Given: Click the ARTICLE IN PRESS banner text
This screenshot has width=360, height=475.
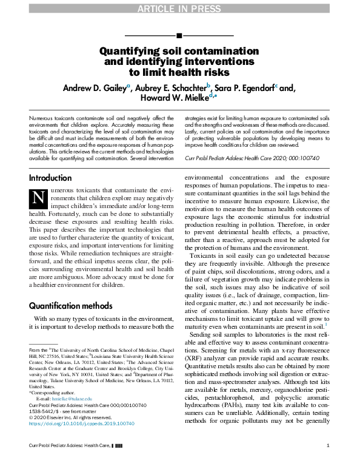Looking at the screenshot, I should (179, 8).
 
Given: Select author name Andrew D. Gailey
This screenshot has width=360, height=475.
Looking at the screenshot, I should (94, 87).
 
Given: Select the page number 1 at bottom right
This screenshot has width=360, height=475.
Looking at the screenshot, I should (327, 463).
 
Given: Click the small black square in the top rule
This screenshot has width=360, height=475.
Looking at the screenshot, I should (179, 36).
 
